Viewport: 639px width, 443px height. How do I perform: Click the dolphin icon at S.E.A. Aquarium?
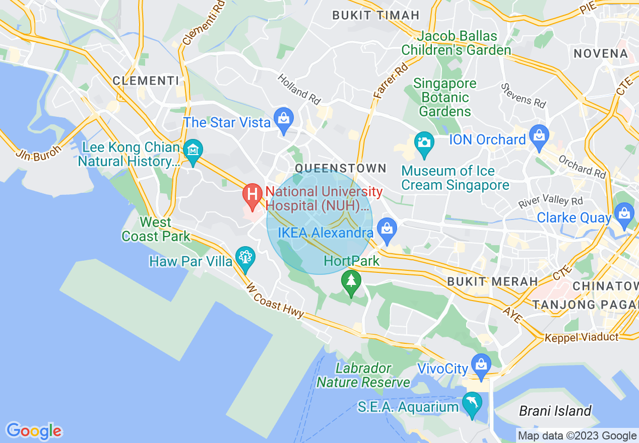pyautogui.click(x=472, y=403)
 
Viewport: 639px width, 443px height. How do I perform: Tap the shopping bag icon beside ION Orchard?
pyautogui.click(x=539, y=136)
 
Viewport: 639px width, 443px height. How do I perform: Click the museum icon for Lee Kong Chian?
pyautogui.click(x=193, y=150)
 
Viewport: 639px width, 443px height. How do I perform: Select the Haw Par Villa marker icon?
pyautogui.click(x=245, y=257)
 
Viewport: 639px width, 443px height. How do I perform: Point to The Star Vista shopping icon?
pyautogui.click(x=284, y=119)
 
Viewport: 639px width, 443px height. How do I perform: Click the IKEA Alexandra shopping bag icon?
pyautogui.click(x=387, y=229)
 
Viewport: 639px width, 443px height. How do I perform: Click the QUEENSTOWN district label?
pyautogui.click(x=341, y=168)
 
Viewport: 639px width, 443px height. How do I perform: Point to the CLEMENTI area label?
pyautogui.click(x=146, y=81)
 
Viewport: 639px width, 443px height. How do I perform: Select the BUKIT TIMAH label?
pyautogui.click(x=375, y=15)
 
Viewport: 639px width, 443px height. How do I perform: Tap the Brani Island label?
pyautogui.click(x=555, y=411)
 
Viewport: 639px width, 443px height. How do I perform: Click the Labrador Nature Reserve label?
pyautogui.click(x=363, y=376)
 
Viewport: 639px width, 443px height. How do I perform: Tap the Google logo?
pyautogui.click(x=34, y=431)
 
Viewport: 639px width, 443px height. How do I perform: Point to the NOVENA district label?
pyautogui.click(x=600, y=54)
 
